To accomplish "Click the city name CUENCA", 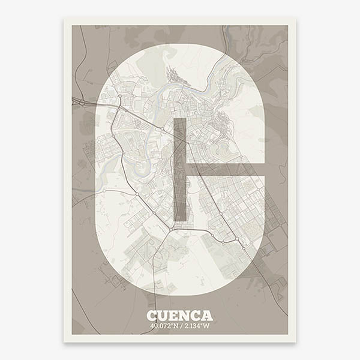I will [x=179, y=316].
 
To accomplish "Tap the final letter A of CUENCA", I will [x=207, y=316].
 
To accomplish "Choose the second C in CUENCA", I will [x=196, y=316].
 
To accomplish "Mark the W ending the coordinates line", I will [x=207, y=326].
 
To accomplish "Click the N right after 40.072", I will [x=175, y=326].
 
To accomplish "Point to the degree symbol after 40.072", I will [x=171, y=325].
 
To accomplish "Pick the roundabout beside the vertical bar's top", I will [x=163, y=129].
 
